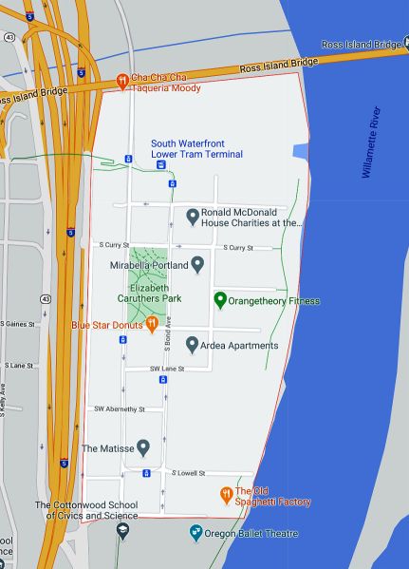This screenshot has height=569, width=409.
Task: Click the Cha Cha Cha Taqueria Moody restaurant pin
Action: pyautogui.click(x=122, y=83)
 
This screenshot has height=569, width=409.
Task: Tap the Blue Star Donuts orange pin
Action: pyautogui.click(x=151, y=325)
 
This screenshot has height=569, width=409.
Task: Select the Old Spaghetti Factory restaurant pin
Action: pyautogui.click(x=226, y=495)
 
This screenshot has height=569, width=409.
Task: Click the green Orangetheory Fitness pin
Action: pyautogui.click(x=220, y=300)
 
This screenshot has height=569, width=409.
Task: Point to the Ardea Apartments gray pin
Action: pyautogui.click(x=192, y=345)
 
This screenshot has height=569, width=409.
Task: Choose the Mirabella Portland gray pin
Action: pyautogui.click(x=197, y=264)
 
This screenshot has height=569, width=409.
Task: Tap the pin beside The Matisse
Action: pyautogui.click(x=143, y=447)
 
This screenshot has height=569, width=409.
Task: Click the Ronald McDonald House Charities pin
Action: pyautogui.click(x=193, y=218)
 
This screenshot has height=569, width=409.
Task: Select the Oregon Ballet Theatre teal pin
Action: pyautogui.click(x=195, y=533)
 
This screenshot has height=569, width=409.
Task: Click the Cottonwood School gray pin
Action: pyautogui.click(x=122, y=531)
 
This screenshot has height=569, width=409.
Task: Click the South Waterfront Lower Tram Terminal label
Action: pyautogui.click(x=196, y=149)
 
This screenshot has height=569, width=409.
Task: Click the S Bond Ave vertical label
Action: pyautogui.click(x=166, y=337)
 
